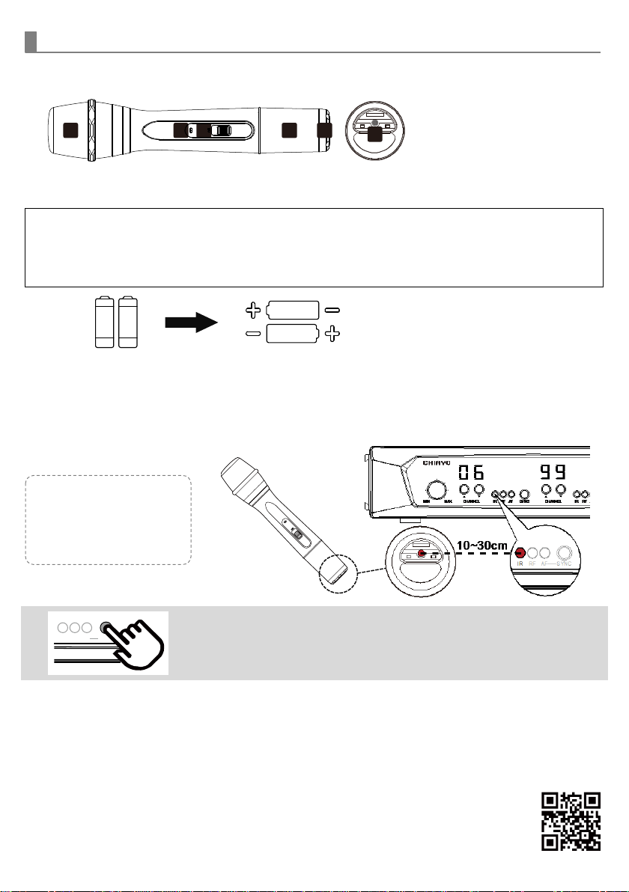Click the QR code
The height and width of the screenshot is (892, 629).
(571, 820)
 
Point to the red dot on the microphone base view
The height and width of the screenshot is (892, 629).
(422, 555)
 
